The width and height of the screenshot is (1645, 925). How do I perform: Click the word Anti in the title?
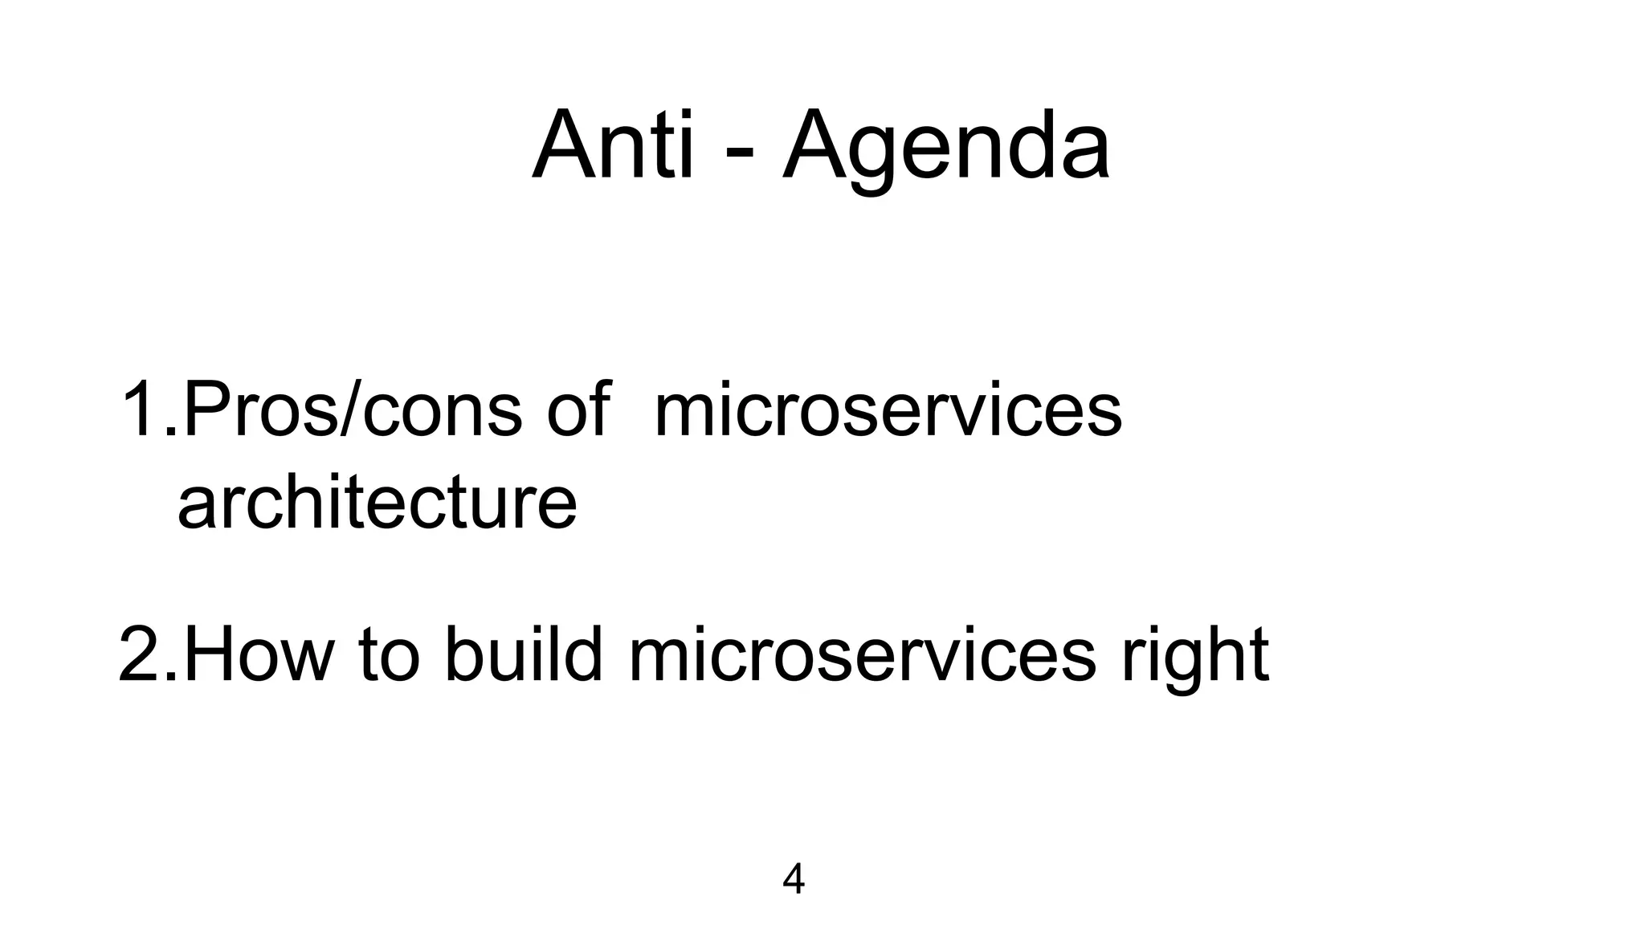click(612, 146)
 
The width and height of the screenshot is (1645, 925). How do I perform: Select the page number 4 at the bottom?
click(793, 879)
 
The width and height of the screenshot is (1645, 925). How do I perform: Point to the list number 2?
click(141, 654)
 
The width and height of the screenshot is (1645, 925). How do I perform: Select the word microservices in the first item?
click(888, 411)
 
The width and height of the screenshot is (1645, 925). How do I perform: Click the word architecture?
click(377, 503)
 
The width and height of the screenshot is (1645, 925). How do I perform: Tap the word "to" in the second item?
click(389, 654)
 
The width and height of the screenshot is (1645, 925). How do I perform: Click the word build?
click(523, 654)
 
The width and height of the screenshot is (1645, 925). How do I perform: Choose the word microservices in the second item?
click(862, 654)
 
